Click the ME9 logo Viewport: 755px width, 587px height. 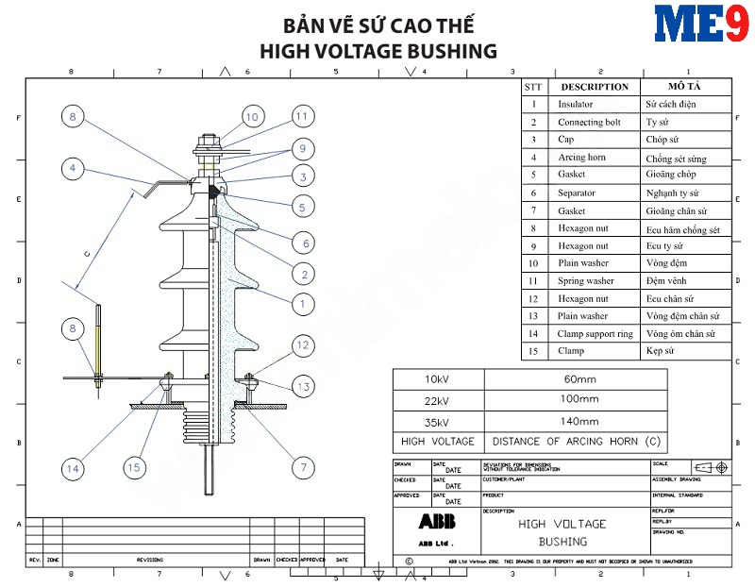(x=701, y=25)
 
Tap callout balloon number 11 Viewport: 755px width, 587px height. (x=301, y=116)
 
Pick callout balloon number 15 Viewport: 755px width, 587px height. (x=136, y=467)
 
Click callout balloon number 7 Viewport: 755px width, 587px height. (x=302, y=466)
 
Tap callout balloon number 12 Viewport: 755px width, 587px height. (x=302, y=345)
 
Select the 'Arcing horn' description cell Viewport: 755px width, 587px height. (x=581, y=158)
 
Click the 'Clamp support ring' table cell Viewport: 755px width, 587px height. (x=596, y=333)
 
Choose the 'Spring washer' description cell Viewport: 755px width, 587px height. (x=586, y=280)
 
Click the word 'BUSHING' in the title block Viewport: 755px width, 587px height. (x=562, y=542)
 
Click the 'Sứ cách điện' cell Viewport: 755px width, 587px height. (x=671, y=105)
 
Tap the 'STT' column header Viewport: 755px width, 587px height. (x=533, y=87)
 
